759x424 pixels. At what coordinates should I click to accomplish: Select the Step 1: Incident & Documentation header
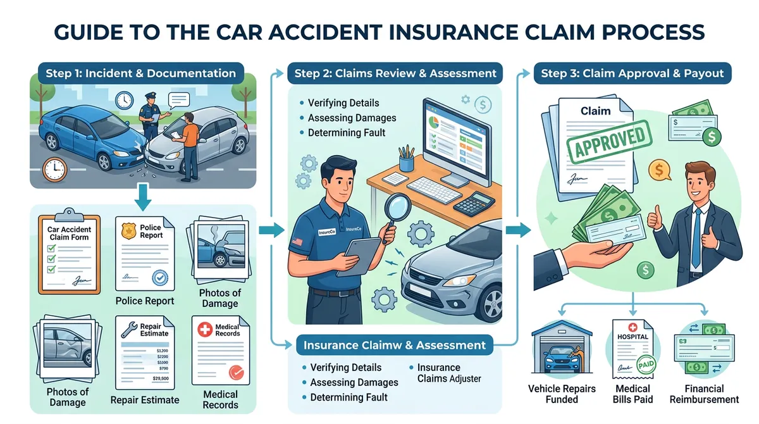coord(140,73)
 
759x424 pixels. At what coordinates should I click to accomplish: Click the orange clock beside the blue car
coord(54,170)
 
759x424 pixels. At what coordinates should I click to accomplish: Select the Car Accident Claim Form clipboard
coord(69,253)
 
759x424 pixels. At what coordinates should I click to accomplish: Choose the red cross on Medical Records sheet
coord(205,330)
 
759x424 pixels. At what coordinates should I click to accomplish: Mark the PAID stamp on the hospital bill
coord(645,365)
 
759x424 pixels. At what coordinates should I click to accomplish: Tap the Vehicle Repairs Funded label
coord(562,394)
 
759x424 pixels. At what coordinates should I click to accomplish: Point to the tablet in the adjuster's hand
coord(357,256)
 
